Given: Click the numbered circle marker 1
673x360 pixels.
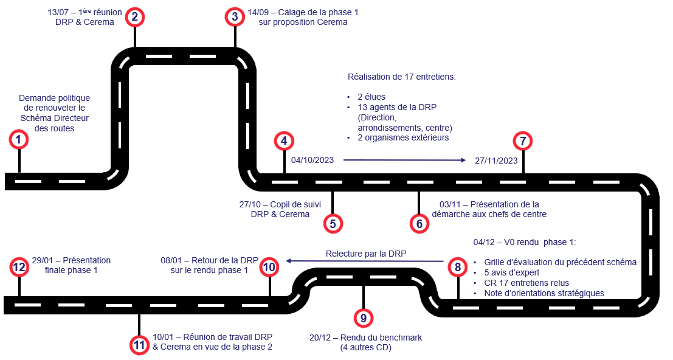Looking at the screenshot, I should click(19, 140).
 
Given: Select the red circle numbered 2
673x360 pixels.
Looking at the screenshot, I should click(135, 17).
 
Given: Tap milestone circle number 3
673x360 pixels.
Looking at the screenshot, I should click(235, 17).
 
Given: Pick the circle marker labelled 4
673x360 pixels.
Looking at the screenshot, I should click(284, 141).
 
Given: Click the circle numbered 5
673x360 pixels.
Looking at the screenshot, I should click(333, 223).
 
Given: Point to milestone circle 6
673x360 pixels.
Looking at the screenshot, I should click(419, 223).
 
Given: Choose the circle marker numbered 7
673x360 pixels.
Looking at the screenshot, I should click(523, 141).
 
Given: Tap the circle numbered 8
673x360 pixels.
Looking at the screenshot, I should click(457, 266).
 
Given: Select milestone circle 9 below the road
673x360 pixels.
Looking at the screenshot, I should click(363, 317).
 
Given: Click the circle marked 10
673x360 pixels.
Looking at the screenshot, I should click(269, 266).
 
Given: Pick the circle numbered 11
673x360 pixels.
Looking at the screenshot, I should click(140, 345).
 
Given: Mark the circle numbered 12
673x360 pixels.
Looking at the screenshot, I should click(19, 266).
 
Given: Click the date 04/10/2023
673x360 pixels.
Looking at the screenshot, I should click(312, 161).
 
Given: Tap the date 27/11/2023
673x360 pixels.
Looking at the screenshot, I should click(497, 161).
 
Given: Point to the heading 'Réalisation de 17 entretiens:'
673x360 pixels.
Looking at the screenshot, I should click(401, 77).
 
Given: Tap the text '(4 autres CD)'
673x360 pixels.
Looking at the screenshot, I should click(365, 348).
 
